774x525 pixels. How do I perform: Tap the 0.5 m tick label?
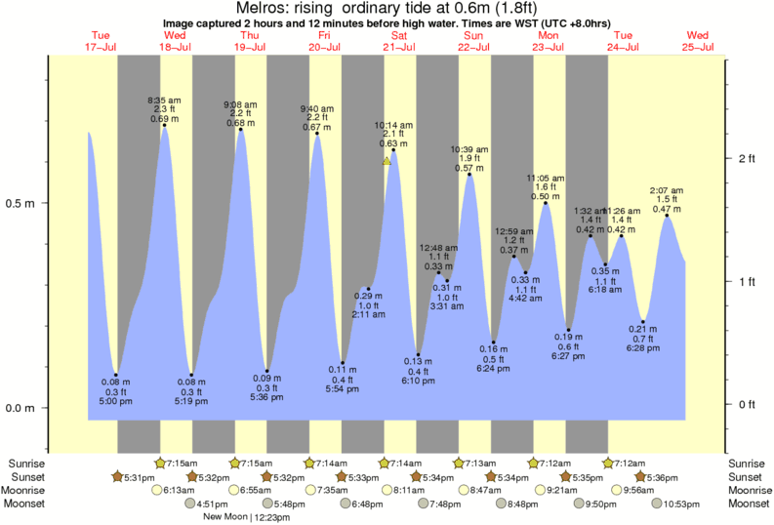[x=20, y=204]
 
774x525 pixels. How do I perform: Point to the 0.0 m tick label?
[x=20, y=408]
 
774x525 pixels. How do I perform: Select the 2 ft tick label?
[x=748, y=158]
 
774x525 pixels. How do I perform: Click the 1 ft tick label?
[x=748, y=282]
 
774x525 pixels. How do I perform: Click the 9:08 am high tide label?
[x=240, y=105]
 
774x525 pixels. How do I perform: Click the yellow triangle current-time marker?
[x=387, y=161]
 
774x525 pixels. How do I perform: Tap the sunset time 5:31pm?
[x=136, y=476]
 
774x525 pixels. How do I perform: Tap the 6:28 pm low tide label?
[x=642, y=348]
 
